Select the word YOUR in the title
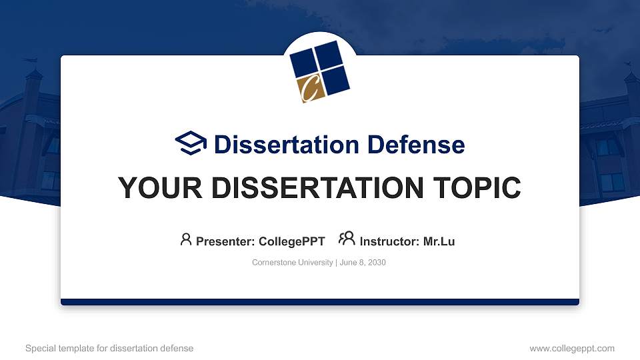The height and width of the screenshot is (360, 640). [x=154, y=188]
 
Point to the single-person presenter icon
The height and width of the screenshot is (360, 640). [x=186, y=239]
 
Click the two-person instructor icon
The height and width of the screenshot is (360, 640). [x=347, y=239]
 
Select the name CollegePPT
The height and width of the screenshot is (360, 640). [x=291, y=241]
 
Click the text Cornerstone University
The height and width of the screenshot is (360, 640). [x=292, y=263]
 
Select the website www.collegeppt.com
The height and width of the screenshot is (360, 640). [x=572, y=348]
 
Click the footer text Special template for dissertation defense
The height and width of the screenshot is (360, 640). [x=109, y=348]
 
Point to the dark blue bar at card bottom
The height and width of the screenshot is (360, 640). [x=320, y=302]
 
